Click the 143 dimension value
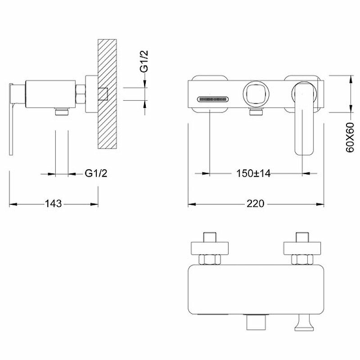pos(53,203)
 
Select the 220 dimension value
pos(255,203)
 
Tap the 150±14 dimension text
pos(253,173)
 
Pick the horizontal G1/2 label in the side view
pos(96,173)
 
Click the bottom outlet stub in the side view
pos(61,111)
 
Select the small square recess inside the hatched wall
pos(103,94)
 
